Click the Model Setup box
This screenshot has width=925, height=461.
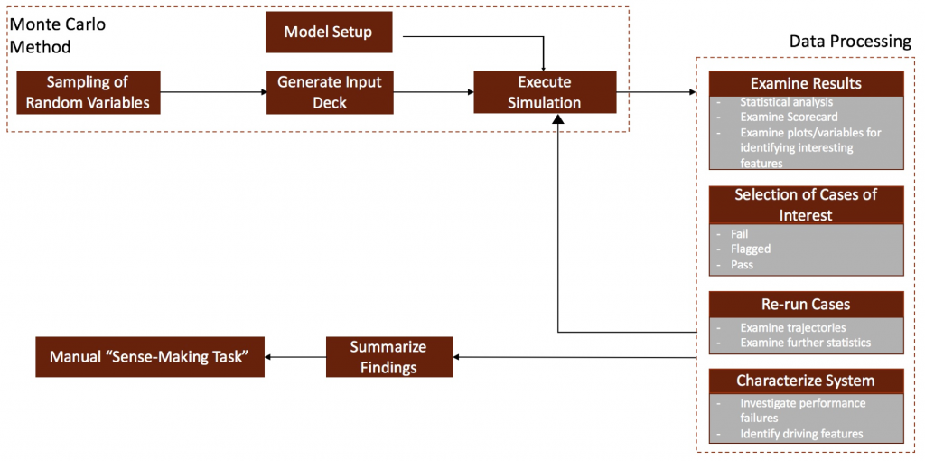pyautogui.click(x=329, y=32)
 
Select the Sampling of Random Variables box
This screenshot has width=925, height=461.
pyautogui.click(x=89, y=92)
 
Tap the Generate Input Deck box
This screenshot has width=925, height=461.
pyautogui.click(x=329, y=92)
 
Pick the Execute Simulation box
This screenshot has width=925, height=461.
pyautogui.click(x=545, y=92)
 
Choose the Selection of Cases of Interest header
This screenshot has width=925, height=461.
pyautogui.click(x=806, y=204)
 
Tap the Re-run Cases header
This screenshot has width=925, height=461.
pyautogui.click(x=806, y=305)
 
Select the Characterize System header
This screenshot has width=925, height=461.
pyautogui.click(x=806, y=381)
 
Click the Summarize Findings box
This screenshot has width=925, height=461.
pyautogui.click(x=389, y=356)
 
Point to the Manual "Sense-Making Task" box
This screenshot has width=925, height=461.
pyautogui.click(x=150, y=356)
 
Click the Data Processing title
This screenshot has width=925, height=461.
pyautogui.click(x=851, y=42)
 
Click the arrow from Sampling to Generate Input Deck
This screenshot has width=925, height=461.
pyautogui.click(x=213, y=92)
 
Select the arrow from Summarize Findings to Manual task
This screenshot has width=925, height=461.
pyautogui.click(x=295, y=356)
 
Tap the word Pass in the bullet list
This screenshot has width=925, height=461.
pyautogui.click(x=743, y=265)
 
